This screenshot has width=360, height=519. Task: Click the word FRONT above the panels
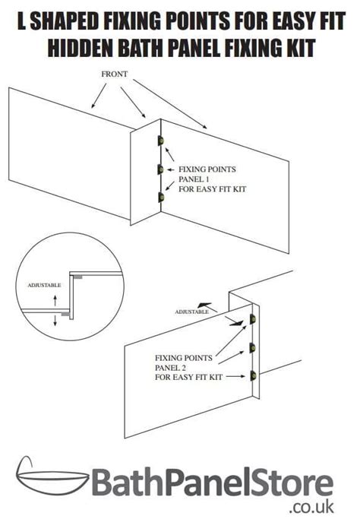(x=115, y=75)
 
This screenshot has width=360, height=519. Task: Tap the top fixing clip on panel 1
(x=160, y=141)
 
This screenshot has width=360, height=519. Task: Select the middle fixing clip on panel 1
(x=160, y=169)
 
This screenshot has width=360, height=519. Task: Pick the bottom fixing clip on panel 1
(x=160, y=198)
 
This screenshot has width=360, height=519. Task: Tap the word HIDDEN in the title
(x=84, y=49)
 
